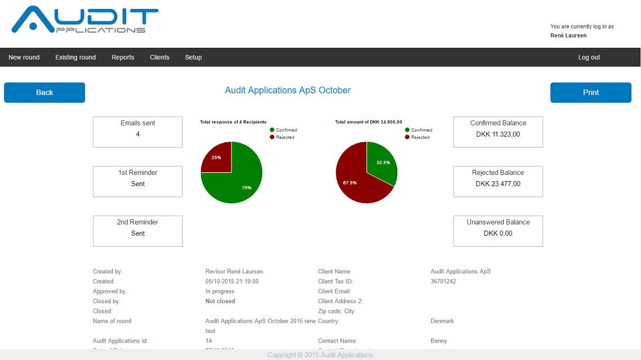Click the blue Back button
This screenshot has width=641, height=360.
[x=44, y=93]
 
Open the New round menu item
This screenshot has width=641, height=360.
[x=24, y=57]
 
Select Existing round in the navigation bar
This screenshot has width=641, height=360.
[x=75, y=57]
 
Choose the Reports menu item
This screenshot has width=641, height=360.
[x=123, y=57]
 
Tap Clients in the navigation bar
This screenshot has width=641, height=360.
[x=159, y=57]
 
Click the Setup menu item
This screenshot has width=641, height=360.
[x=193, y=57]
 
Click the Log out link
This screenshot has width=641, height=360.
[x=589, y=57]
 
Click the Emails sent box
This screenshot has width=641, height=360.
[x=138, y=132]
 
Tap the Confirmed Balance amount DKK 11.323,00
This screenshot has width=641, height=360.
[x=497, y=134]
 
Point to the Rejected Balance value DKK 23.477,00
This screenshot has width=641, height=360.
[x=497, y=184]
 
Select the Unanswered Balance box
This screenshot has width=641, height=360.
[x=497, y=231]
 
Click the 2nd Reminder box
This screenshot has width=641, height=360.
[x=138, y=231]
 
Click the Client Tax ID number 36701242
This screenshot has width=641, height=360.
[x=443, y=281]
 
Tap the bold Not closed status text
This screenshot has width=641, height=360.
[x=220, y=301]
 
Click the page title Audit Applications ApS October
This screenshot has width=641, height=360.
[x=288, y=91]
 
